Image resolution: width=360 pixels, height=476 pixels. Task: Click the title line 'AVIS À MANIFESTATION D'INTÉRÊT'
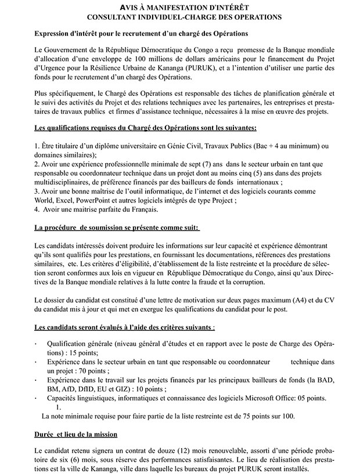tap(181, 8)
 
